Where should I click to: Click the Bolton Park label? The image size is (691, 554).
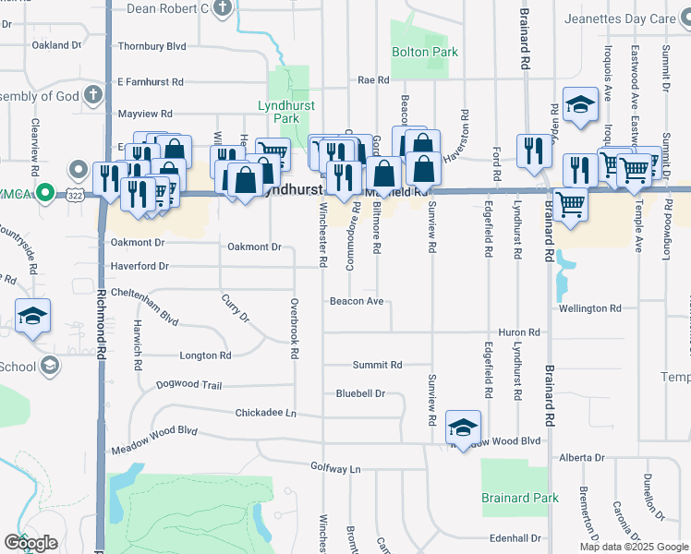click(x=424, y=53)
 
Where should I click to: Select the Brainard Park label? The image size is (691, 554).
click(x=520, y=499)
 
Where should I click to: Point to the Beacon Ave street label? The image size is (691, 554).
click(x=356, y=302)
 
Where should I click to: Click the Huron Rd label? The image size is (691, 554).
click(x=518, y=332)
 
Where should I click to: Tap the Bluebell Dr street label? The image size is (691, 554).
click(x=359, y=393)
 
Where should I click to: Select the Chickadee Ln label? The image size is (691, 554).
click(x=265, y=413)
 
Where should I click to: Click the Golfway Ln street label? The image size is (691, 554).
click(x=335, y=469)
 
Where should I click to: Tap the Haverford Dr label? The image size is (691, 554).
click(x=138, y=266)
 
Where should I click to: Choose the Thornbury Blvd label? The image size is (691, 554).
click(x=152, y=45)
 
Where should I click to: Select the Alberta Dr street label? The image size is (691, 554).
click(x=581, y=458)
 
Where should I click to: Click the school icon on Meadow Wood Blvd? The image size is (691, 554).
click(x=463, y=428)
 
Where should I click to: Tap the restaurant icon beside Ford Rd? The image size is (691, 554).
click(x=534, y=151)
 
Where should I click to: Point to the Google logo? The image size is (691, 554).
click(x=30, y=543)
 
